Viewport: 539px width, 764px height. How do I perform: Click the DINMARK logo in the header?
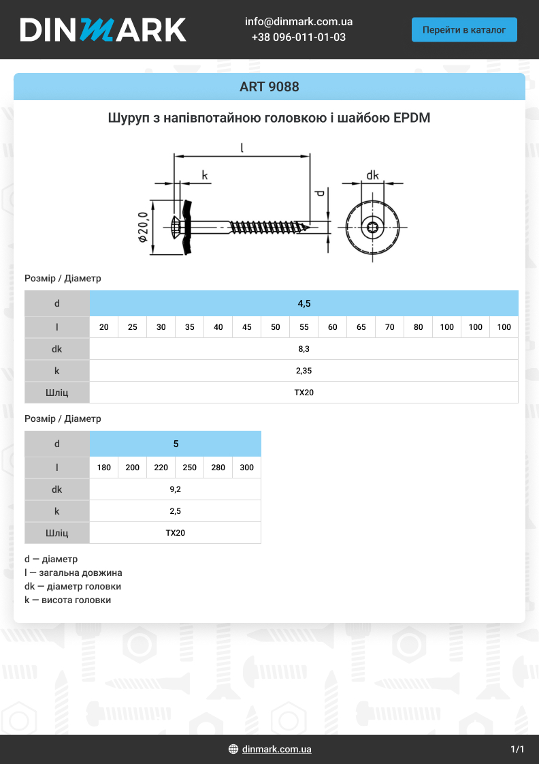[x=103, y=30]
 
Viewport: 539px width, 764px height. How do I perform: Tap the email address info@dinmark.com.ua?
[x=298, y=22]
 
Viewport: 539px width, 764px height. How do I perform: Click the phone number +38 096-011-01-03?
[x=298, y=37]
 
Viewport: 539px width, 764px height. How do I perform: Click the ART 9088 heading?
[x=269, y=87]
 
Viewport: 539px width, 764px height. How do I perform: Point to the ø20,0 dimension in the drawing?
[x=143, y=228]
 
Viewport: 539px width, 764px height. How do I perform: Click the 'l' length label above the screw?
[x=242, y=147]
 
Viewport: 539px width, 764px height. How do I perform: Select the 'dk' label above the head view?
[x=372, y=175]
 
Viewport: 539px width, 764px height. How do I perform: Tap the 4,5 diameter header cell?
[x=304, y=303]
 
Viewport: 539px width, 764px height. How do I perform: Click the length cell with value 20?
[x=104, y=327]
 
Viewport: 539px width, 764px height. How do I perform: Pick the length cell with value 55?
[x=304, y=327]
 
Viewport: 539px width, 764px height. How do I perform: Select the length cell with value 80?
[x=419, y=327]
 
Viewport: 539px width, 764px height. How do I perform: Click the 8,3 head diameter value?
[x=304, y=349]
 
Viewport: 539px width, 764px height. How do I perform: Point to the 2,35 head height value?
[x=304, y=371]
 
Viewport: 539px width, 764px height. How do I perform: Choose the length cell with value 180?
[x=104, y=468]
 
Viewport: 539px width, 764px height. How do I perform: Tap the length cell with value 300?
[x=247, y=468]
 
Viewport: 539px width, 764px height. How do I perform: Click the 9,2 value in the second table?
[x=176, y=489]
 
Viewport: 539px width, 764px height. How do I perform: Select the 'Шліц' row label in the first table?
[x=57, y=393]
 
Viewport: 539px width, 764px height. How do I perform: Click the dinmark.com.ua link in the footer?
[x=276, y=749]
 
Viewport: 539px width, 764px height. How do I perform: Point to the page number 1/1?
[x=517, y=749]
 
